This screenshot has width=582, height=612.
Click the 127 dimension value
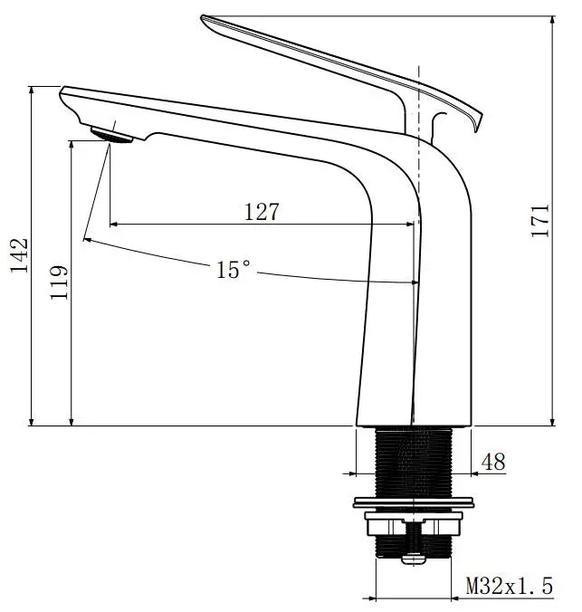click(262, 212)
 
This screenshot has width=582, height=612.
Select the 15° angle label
click(233, 269)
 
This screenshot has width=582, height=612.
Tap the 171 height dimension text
click(540, 221)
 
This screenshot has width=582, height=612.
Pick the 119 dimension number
click(59, 282)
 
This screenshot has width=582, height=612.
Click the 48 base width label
click(493, 462)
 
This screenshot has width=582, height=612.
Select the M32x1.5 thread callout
click(509, 586)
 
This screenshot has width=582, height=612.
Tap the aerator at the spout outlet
click(111, 134)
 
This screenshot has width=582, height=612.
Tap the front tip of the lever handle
click(205, 18)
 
